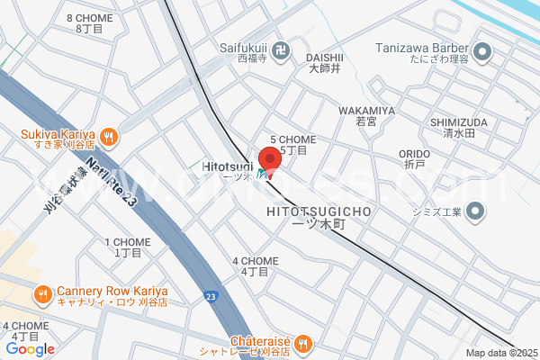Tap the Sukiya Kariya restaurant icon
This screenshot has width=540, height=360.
pos(109,136)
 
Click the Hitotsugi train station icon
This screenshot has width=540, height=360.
pos(261,174)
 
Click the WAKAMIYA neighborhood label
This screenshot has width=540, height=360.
pos(366,111)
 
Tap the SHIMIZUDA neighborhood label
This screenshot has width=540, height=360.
pos(458,122)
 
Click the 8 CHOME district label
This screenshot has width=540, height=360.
pos(90,18)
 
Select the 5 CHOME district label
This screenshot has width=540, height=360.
pos(293,139)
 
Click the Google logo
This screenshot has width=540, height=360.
pos(30,348)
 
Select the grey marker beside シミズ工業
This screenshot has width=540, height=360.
pos(476,212)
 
